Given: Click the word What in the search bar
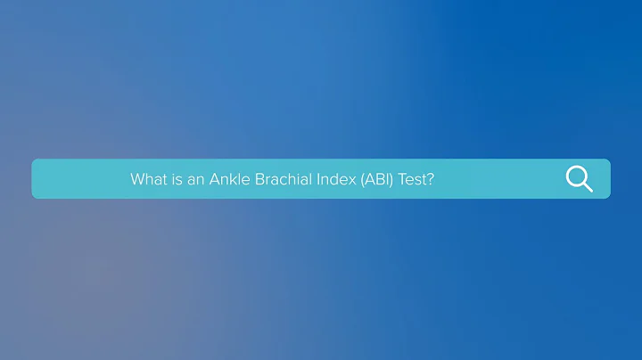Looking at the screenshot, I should pyautogui.click(x=148, y=179).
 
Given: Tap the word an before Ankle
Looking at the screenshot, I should pyautogui.click(x=195, y=179).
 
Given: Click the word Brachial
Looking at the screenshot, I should pyautogui.click(x=282, y=179).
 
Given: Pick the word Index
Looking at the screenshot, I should pyautogui.click(x=336, y=179).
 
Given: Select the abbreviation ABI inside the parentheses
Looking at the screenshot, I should pyautogui.click(x=375, y=179).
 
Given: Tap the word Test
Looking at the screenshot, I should pyautogui.click(x=412, y=179).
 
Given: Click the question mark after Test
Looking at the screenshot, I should pyautogui.click(x=430, y=179).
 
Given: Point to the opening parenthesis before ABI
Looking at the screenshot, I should pyautogui.click(x=361, y=179).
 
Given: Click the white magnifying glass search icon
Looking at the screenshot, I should pyautogui.click(x=579, y=179).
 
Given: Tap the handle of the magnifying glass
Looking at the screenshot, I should pyautogui.click(x=587, y=187).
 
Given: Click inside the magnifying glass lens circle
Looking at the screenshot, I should pyautogui.click(x=576, y=176).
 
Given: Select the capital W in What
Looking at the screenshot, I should pyautogui.click(x=137, y=179).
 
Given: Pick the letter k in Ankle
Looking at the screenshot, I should pyautogui.click(x=232, y=179).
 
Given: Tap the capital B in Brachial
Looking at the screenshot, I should pyautogui.click(x=259, y=179).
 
